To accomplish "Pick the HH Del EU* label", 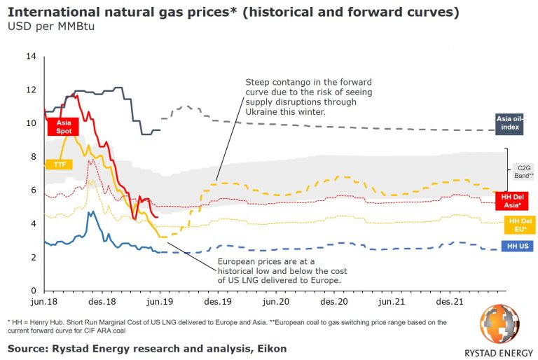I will click(518, 225).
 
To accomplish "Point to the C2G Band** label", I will click(523, 172).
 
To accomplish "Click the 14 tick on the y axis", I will click(30, 56).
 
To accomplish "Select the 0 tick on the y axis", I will click(33, 291).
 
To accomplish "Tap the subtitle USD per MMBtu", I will click(50, 27).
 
